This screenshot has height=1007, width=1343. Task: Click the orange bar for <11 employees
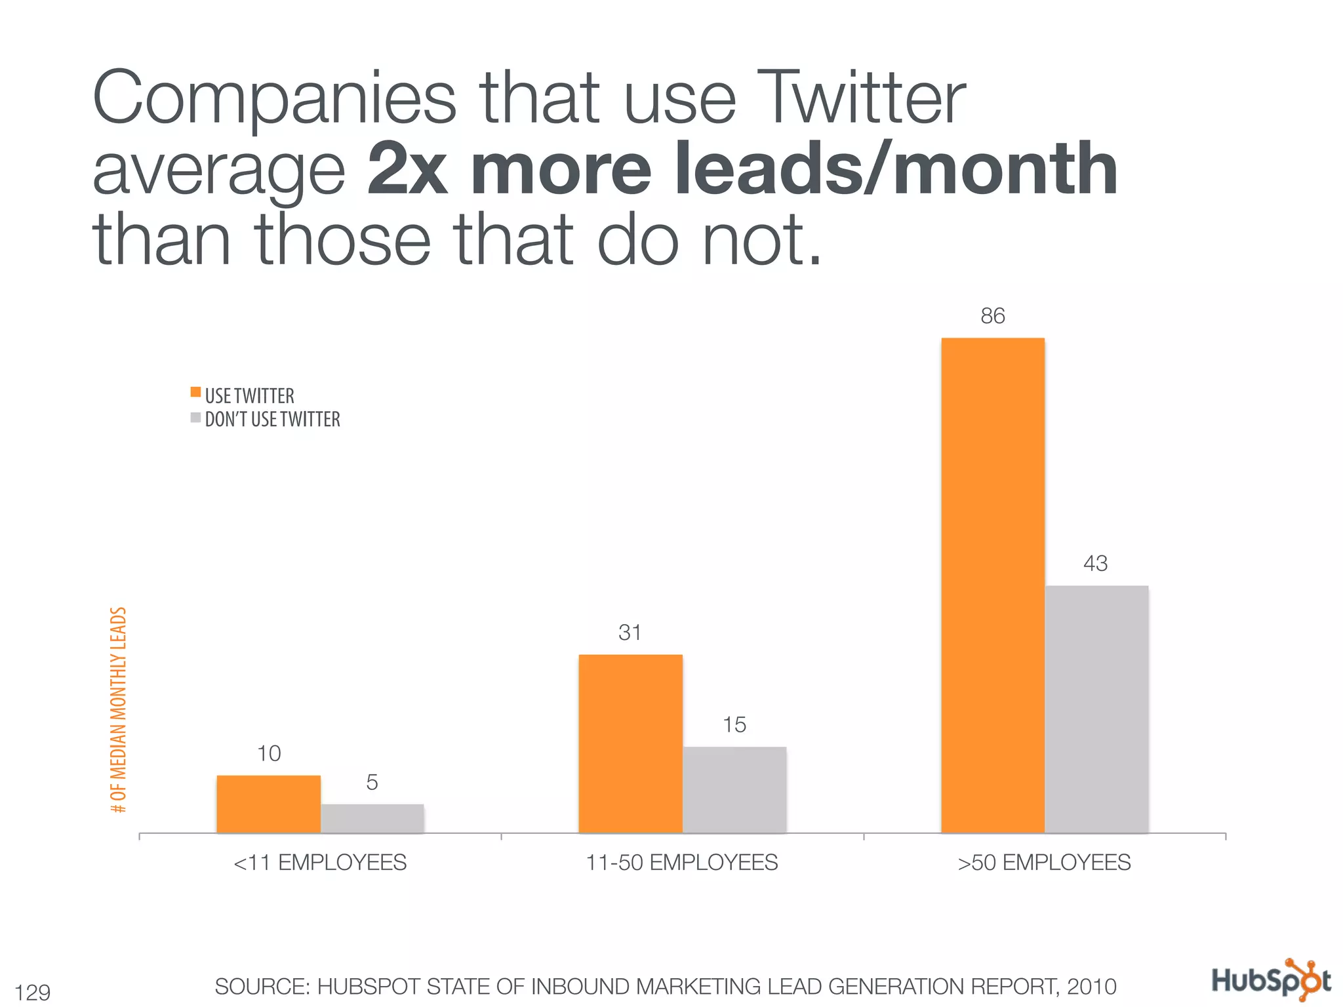[268, 804]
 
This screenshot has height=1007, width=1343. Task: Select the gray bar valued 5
[372, 818]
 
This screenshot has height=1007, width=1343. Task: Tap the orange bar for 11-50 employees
[630, 743]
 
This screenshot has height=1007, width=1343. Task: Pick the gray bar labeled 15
[734, 789]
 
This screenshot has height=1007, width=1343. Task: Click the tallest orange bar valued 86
[992, 585]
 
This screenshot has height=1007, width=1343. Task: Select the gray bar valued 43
[1096, 709]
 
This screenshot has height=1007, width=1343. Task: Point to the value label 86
[992, 316]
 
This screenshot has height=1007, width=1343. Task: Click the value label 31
[630, 633]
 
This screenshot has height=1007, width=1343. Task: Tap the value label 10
[269, 754]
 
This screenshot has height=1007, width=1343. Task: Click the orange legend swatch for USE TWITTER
[195, 392]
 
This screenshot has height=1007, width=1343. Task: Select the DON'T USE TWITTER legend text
[272, 420]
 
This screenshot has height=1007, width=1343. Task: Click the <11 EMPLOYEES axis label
[320, 863]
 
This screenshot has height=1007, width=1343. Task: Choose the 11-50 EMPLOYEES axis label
[682, 863]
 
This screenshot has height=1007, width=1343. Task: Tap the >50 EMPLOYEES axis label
[1044, 863]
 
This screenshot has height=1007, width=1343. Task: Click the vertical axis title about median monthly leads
[119, 709]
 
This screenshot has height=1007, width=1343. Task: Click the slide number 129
[33, 992]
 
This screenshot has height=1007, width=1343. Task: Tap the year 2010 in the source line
[1091, 987]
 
